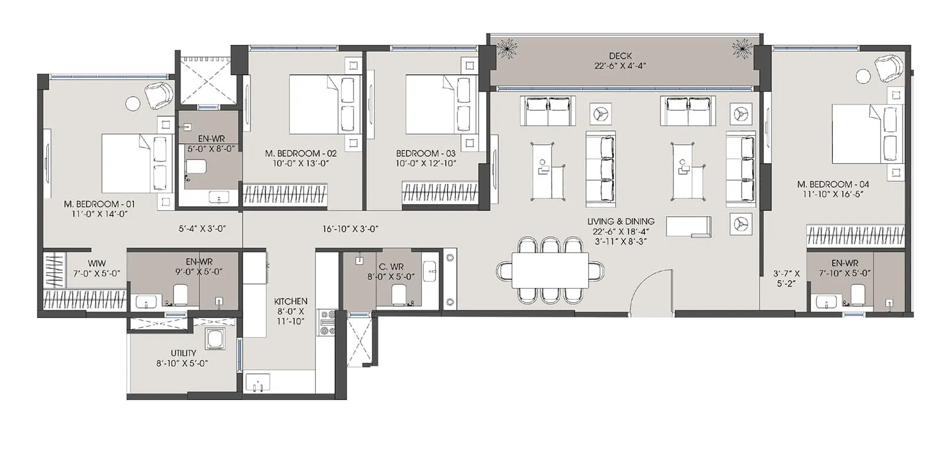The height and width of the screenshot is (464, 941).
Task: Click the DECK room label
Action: [620, 56]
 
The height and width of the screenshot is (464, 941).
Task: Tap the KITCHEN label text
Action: [291, 301]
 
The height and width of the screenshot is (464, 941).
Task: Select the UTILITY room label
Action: [183, 353]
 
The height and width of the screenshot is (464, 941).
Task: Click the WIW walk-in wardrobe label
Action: [97, 264]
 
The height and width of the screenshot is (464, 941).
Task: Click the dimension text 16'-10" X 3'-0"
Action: [350, 229]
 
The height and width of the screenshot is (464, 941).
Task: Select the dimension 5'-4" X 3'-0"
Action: [202, 229]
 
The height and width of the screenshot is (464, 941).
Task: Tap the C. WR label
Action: [391, 267]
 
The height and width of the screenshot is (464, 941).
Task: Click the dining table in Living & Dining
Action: [550, 270]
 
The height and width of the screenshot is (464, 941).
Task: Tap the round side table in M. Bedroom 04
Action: [863, 75]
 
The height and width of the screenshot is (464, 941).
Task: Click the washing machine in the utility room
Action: [214, 340]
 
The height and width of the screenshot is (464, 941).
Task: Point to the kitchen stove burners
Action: [326, 323]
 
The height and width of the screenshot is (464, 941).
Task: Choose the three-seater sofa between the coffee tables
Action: [600, 166]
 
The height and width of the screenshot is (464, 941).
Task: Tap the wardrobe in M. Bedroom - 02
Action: [285, 195]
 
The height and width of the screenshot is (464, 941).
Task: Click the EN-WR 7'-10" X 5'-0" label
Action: [845, 268]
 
